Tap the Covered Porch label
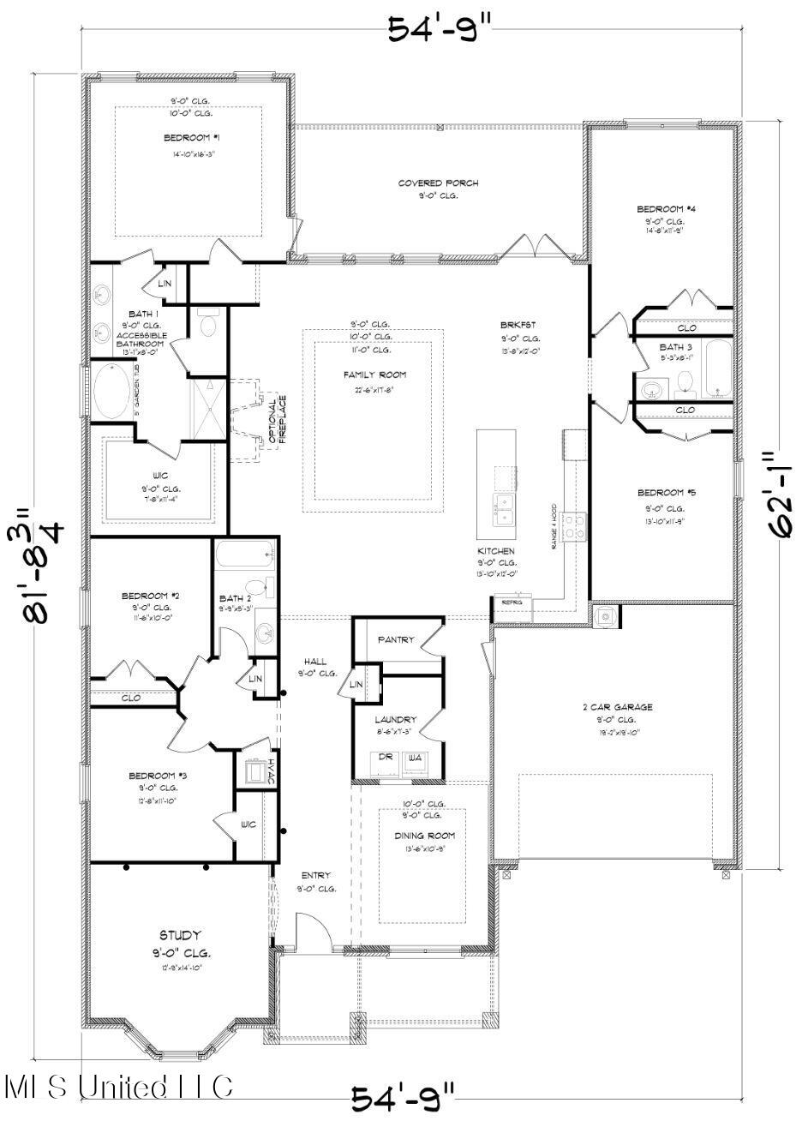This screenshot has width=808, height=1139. (x=438, y=183)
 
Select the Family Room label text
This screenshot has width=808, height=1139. (x=374, y=375)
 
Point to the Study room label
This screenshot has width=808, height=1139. (x=180, y=935)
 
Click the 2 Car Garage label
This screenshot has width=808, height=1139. (x=617, y=707)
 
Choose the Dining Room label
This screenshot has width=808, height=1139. (x=424, y=836)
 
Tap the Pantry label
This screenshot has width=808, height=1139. (x=395, y=639)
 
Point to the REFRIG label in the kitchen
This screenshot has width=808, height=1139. (x=512, y=602)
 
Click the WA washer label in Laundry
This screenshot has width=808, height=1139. (x=416, y=757)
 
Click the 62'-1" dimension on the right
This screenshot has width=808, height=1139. (x=780, y=495)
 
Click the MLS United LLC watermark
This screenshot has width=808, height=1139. (x=118, y=1087)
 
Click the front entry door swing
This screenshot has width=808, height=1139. (x=309, y=931)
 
